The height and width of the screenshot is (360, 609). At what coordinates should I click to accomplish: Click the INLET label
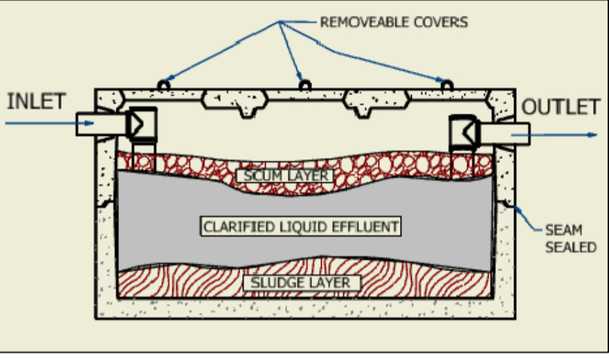coord(36,101)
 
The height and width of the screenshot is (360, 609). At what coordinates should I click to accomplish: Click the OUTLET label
coord(561,107)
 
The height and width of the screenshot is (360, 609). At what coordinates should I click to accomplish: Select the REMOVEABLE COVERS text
coord(393,22)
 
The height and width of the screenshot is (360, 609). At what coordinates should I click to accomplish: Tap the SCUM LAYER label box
coord(284,176)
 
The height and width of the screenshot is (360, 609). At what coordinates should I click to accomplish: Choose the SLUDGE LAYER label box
coord(296,282)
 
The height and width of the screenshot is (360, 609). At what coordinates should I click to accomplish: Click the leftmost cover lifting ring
coord(163,85)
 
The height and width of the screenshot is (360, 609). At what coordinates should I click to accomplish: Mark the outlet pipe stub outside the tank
coord(511,133)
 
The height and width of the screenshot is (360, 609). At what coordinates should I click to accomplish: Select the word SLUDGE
coord(276,282)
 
